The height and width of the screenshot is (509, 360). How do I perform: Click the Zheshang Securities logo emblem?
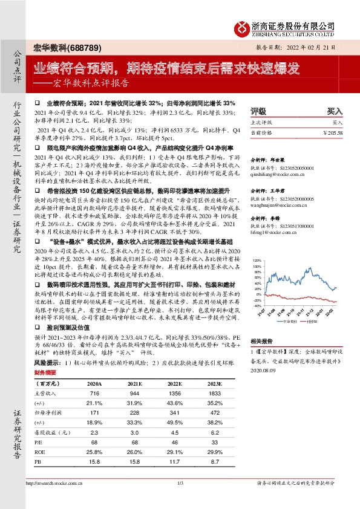click(243, 28)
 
